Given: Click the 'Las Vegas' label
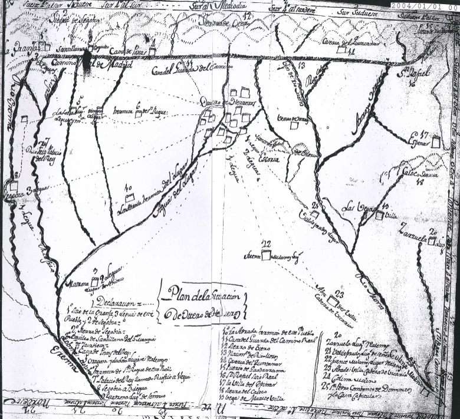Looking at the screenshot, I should point(359,207).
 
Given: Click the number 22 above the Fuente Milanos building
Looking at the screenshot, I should point(266,244).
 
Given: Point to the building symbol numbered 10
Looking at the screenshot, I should point(131,196).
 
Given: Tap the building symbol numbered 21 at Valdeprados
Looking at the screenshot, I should point(316,215).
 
